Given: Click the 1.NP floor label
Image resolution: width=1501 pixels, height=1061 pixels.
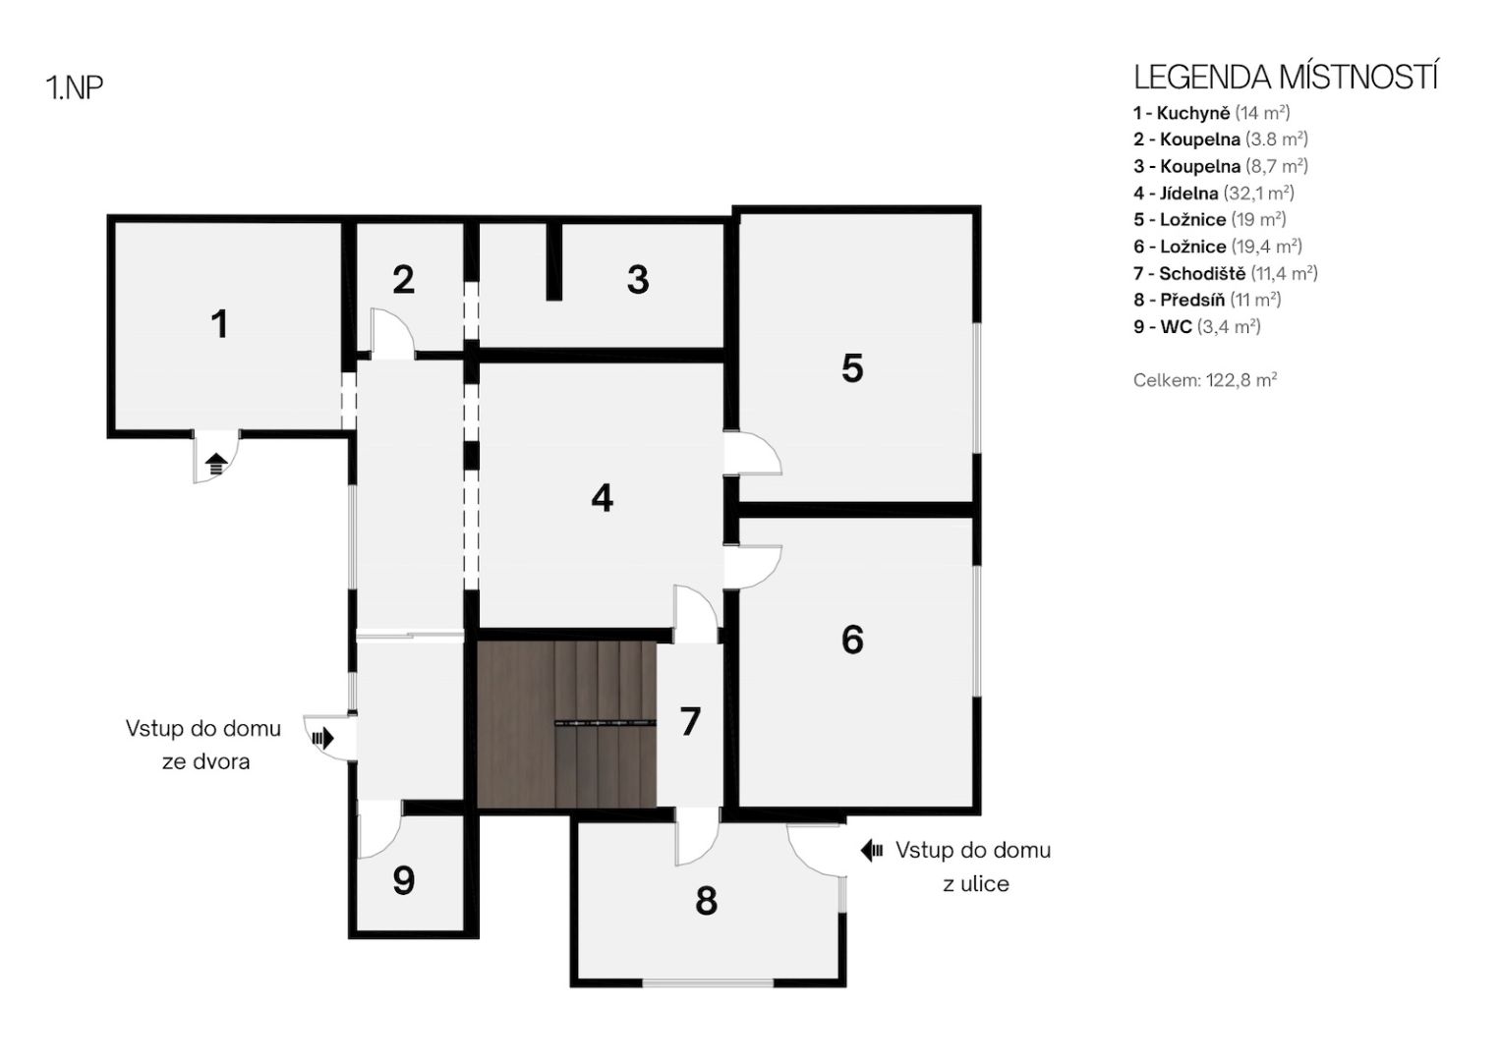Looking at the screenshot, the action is (75, 87).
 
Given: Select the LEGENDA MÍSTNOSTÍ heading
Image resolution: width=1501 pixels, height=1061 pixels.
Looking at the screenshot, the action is (1285, 77).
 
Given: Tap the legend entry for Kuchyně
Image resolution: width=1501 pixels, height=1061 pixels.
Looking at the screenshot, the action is (1212, 113).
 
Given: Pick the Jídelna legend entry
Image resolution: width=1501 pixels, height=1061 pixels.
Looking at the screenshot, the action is (1214, 193).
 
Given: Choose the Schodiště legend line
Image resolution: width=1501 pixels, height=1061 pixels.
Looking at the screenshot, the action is (1226, 273).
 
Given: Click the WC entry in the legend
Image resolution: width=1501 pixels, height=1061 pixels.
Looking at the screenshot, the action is (1197, 327).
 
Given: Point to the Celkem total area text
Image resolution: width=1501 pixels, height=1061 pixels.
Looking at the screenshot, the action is (1205, 380).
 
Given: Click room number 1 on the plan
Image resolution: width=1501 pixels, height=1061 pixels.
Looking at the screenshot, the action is (219, 324).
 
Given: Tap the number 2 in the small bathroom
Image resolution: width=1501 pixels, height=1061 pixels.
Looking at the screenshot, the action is (403, 279).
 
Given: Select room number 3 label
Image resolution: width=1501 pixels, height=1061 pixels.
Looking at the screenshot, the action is (638, 279).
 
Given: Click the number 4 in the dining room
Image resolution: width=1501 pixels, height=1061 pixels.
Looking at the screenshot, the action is (602, 498).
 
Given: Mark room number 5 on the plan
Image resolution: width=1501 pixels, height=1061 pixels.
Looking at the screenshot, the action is (852, 367).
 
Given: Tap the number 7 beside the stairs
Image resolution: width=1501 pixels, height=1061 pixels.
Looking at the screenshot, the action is (690, 721).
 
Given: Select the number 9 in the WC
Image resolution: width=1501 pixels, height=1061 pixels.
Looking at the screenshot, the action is (403, 880).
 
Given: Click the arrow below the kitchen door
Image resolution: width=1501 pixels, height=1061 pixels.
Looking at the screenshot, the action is (216, 464).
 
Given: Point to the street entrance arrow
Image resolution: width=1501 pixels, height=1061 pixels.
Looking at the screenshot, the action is (871, 850).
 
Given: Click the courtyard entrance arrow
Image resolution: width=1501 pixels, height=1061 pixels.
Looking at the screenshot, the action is (323, 739).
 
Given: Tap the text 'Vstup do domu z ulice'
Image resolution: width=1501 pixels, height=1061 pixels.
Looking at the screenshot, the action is (974, 866).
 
